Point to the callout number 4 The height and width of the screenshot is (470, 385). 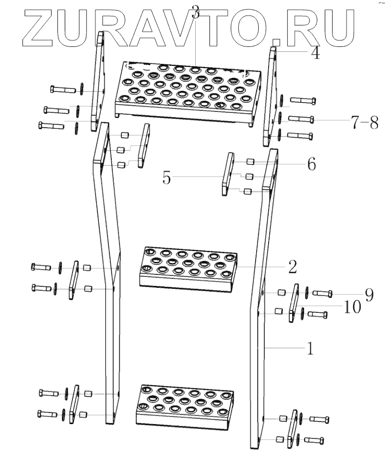click(316, 53)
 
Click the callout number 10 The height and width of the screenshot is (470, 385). click(353, 307)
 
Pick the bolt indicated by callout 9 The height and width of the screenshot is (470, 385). click(323, 294)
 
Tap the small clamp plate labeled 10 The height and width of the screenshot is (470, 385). click(294, 303)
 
